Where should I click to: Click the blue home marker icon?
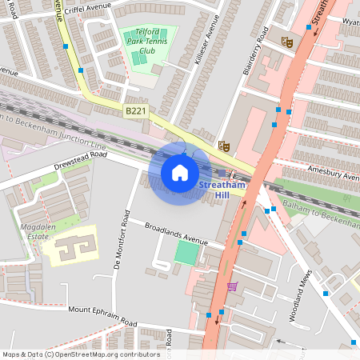pyautogui.click(x=180, y=172)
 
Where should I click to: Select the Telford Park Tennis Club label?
pyautogui.click(x=146, y=44)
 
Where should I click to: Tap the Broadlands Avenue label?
pyautogui.click(x=176, y=234)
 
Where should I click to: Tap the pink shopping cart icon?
pyautogui.click(x=232, y=286)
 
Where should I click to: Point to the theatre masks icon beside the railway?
pyautogui.click(x=224, y=146)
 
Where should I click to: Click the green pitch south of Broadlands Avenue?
pyautogui.click(x=186, y=254)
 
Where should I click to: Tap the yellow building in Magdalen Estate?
pyautogui.click(x=69, y=246)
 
